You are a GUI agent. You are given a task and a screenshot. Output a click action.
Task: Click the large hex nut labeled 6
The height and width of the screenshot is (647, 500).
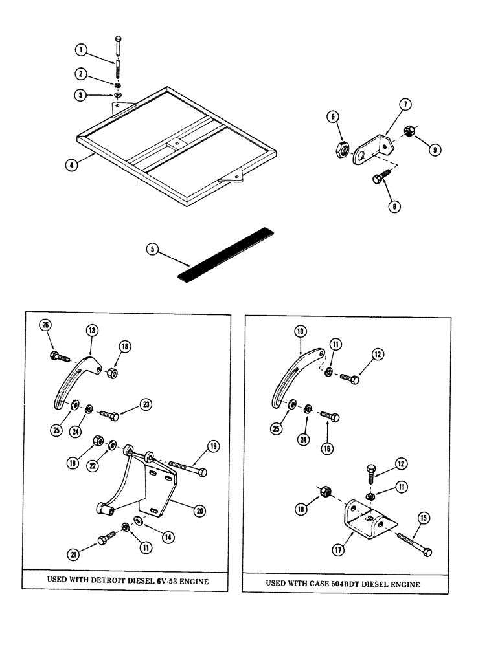[x=339, y=150]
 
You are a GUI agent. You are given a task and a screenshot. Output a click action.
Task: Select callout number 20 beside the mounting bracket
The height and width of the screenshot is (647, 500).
[x=199, y=510]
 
